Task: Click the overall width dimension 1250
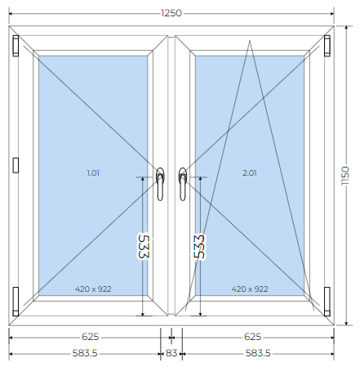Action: pyautogui.click(x=171, y=13)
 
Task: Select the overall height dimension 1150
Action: pyautogui.click(x=345, y=176)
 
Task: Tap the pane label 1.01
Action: pyautogui.click(x=93, y=172)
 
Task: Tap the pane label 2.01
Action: pyautogui.click(x=250, y=172)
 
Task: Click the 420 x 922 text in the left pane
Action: pyautogui.click(x=93, y=289)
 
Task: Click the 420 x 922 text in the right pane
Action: pyautogui.click(x=250, y=289)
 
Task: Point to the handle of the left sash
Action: pyautogui.click(x=160, y=184)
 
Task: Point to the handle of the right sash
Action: pyautogui.click(x=183, y=184)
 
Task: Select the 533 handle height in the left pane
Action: pyautogui.click(x=144, y=246)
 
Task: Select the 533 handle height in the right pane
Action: pyautogui.click(x=199, y=246)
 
